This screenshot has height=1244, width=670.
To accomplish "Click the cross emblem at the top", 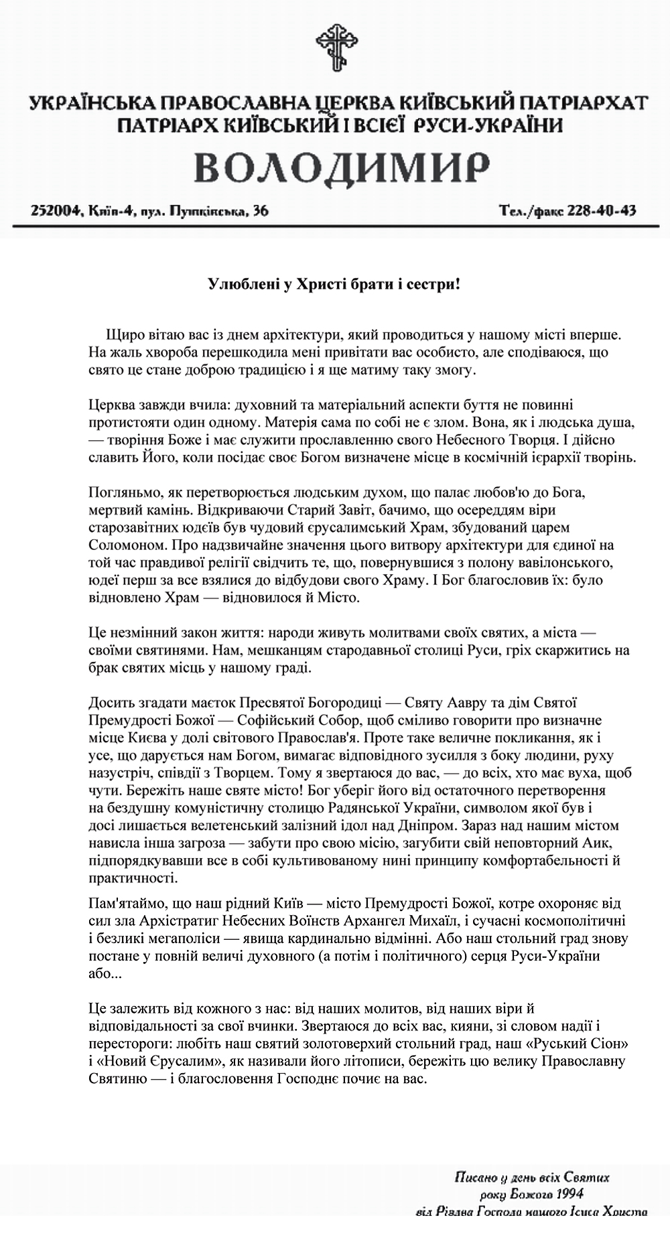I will click(334, 46).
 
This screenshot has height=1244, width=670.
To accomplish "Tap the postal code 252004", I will click(54, 211).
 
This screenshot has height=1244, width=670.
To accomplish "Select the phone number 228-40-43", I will click(601, 211).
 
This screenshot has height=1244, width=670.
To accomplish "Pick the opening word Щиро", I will click(121, 334).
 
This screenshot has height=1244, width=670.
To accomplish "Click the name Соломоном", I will click(118, 545).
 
